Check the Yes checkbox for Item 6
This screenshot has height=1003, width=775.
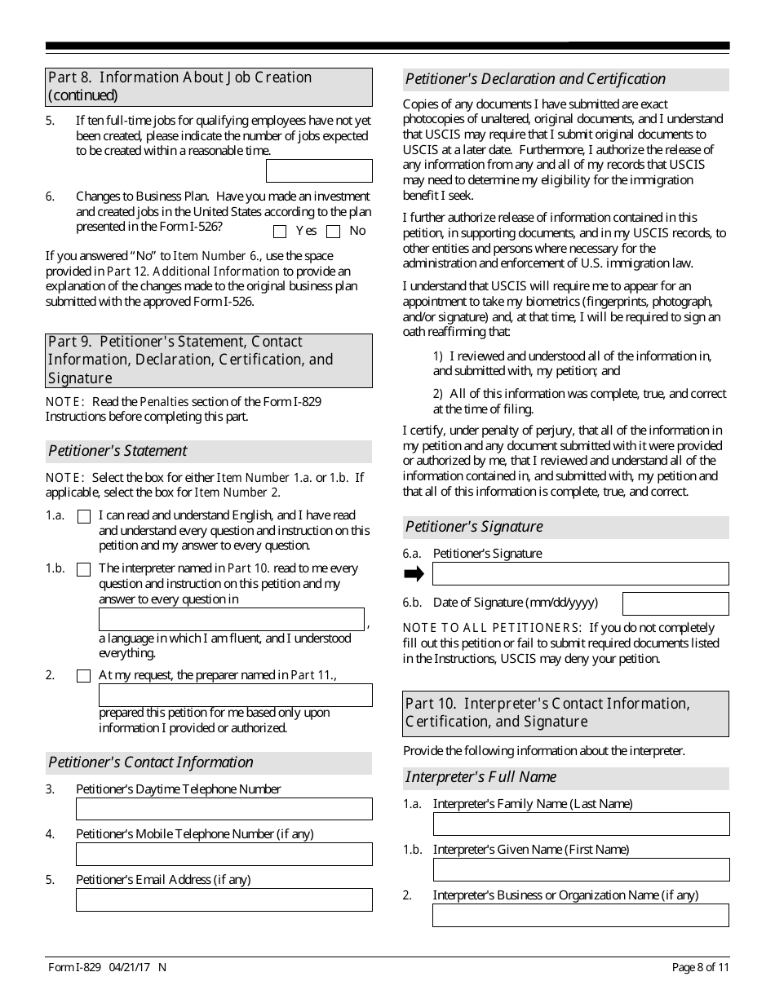pos(280,232)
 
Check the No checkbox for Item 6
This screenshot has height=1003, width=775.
pos(334,232)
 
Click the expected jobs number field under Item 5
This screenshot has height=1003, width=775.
pos(319,170)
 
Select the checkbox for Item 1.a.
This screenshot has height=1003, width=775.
pos(83,516)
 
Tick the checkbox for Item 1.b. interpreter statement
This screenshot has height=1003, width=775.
pos(83,569)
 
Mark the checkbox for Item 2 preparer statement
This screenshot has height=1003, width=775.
pos(83,676)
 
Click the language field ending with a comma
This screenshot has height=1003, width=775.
pos(231,619)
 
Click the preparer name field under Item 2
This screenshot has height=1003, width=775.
pos(235,695)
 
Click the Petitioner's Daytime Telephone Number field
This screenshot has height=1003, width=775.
pos(224,809)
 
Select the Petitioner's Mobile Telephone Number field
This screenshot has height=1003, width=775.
pos(224,854)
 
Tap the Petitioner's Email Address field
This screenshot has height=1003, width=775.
pos(224,899)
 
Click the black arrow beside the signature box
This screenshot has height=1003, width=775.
pos(414,574)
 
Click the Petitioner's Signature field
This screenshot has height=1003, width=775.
pos(580,574)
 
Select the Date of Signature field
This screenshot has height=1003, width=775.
pos(675,603)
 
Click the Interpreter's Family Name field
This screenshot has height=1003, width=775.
pos(581,824)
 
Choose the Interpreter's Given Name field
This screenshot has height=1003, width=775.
pos(581,869)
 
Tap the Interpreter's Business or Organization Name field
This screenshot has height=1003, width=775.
pos(581,915)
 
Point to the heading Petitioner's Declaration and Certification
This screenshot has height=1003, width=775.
pos(536,79)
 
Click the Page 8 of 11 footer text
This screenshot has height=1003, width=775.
pos(700,968)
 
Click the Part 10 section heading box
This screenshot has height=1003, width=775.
pos(566,713)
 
